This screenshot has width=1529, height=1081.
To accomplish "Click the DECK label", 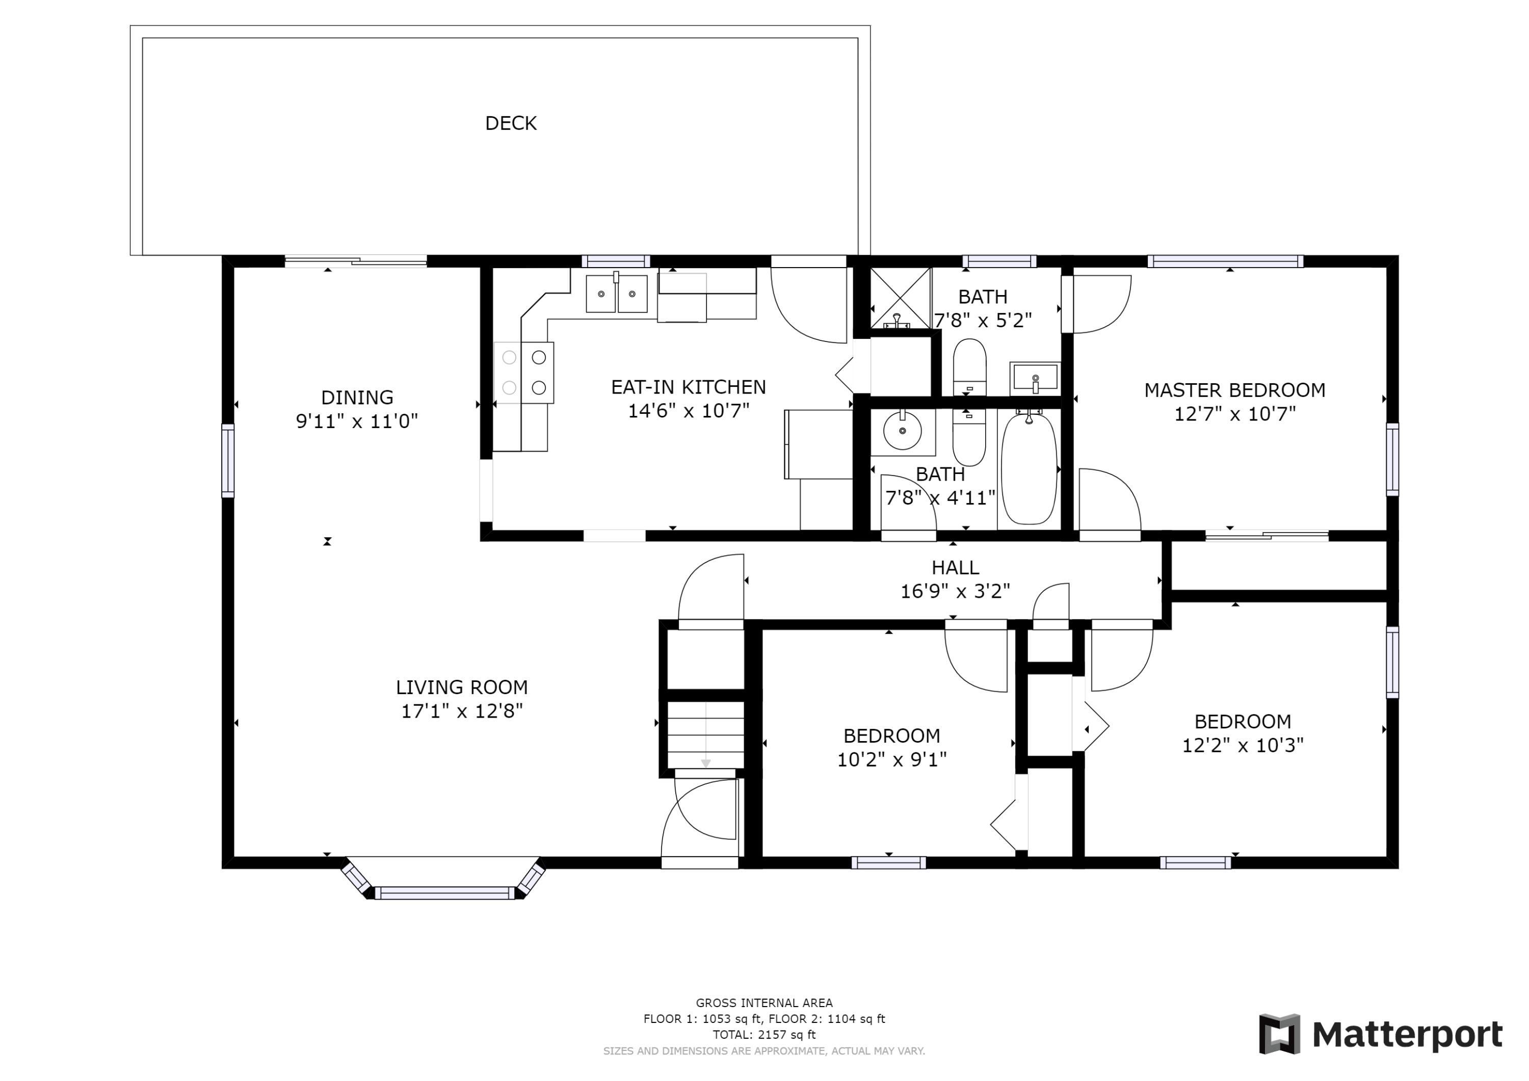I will (511, 123).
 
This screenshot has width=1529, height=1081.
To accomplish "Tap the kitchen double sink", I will (617, 294).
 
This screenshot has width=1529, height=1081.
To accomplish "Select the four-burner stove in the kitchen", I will (524, 373).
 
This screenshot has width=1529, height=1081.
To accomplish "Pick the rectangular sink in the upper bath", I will (1035, 378).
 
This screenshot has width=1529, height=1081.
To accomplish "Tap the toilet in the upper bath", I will (969, 367).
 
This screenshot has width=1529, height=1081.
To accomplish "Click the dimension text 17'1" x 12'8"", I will (461, 711).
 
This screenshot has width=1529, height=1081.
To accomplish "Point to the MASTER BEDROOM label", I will (1234, 390).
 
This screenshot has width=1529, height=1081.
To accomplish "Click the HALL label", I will (955, 567).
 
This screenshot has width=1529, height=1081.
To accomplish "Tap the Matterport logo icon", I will (1279, 1035).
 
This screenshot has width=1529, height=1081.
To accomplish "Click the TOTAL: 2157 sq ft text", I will (764, 1035).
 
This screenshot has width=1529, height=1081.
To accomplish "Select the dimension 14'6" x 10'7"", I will (689, 411).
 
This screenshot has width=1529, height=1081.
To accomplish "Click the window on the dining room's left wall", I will (228, 460).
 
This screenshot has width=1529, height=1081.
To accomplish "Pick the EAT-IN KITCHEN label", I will (689, 387).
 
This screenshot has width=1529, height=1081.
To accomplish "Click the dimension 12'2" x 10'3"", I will (1243, 745).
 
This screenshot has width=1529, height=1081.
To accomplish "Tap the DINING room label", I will (357, 398).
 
